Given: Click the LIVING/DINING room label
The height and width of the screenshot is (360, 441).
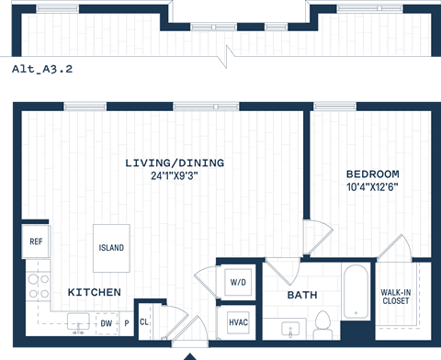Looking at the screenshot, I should tap(175, 163).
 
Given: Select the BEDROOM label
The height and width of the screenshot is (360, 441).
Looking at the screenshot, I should tap(372, 174).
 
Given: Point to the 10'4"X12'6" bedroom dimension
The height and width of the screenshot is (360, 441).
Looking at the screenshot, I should tap(372, 186).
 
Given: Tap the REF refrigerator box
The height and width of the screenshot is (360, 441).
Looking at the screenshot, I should tap(36, 242).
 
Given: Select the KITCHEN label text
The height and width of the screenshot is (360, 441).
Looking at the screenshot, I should tap(94, 292).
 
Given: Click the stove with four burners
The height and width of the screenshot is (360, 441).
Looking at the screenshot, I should tap(38, 285).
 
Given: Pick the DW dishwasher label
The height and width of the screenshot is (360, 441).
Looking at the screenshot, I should tap(107, 323).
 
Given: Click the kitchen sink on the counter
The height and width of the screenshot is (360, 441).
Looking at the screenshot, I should tap(78, 322).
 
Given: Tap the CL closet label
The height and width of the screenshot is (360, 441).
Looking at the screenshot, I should tap(145, 322).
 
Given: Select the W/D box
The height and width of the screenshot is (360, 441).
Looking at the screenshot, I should tap(236, 282).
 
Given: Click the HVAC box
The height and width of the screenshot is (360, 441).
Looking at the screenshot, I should tap(237, 323).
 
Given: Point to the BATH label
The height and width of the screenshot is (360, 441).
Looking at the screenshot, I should tap(302, 296).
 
